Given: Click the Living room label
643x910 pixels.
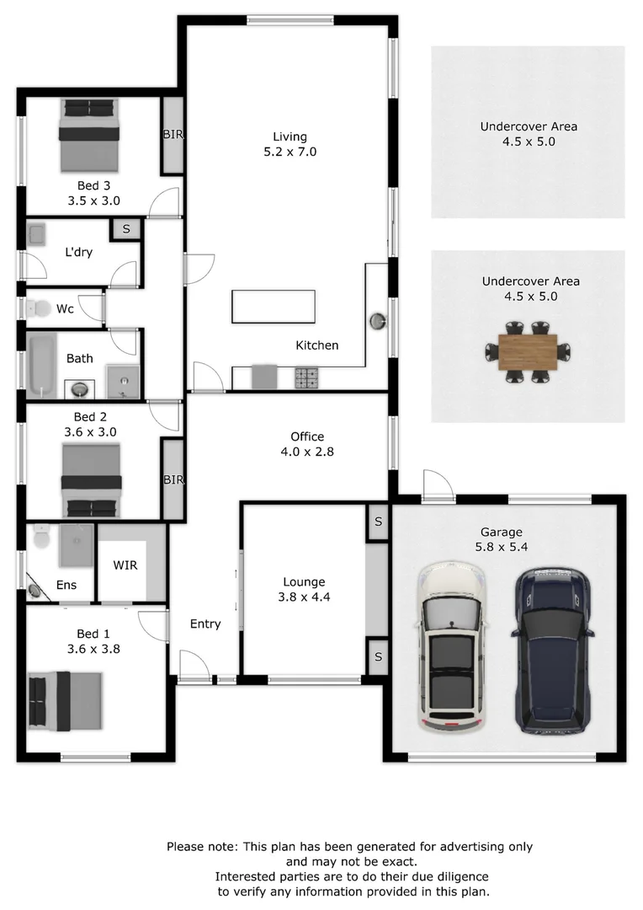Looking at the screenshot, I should (290, 136).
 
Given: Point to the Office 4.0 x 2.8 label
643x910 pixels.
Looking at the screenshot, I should (307, 444).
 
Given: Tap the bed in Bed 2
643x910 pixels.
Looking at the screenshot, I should (92, 480).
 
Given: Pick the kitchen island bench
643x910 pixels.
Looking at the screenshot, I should (274, 307).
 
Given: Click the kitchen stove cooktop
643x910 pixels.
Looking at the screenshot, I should (306, 377).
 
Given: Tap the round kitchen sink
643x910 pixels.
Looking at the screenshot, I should (379, 320).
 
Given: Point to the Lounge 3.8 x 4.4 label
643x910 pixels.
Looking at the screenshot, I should (304, 589).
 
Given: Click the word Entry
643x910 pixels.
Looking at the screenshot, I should (205, 624).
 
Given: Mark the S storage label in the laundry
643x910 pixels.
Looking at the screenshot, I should (126, 229).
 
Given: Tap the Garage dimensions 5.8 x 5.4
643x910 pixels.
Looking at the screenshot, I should (502, 546).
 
